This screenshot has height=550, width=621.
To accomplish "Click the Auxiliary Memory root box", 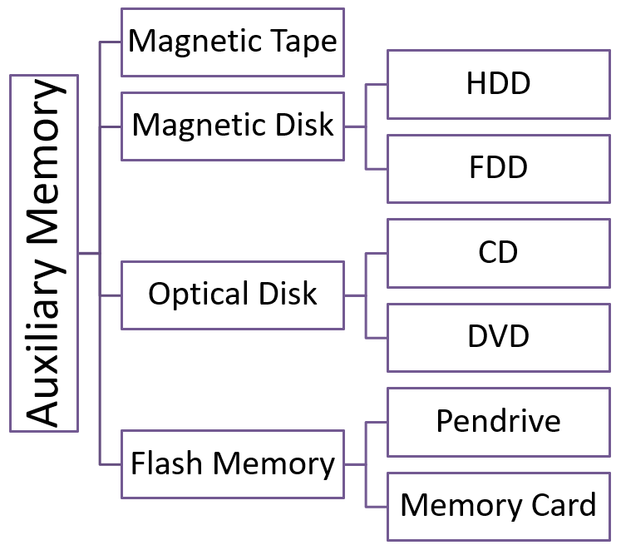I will click(x=44, y=253).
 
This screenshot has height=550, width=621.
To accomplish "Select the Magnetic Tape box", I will click(x=233, y=42).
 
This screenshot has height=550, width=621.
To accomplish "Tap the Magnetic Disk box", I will click(x=233, y=126).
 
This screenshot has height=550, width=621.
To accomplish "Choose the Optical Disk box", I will click(x=233, y=295).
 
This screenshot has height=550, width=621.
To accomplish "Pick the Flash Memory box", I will click(x=233, y=463).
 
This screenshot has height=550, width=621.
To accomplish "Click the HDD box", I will click(x=499, y=84).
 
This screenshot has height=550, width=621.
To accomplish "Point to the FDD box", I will click(x=499, y=168).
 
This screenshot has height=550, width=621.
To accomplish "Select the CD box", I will click(x=499, y=253).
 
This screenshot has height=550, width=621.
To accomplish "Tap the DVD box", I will click(x=499, y=337).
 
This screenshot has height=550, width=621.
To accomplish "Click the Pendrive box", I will click(x=499, y=421).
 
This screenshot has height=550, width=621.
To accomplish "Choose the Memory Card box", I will click(x=499, y=505).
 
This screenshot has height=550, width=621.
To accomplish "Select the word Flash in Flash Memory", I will click(x=161, y=463).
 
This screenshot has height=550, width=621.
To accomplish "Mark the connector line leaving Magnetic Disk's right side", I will click(x=355, y=126).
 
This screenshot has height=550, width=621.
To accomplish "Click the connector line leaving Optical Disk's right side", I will click(x=355, y=295).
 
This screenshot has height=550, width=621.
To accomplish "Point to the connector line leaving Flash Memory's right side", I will click(x=355, y=463).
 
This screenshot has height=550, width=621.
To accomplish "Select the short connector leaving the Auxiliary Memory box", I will click(x=89, y=253).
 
